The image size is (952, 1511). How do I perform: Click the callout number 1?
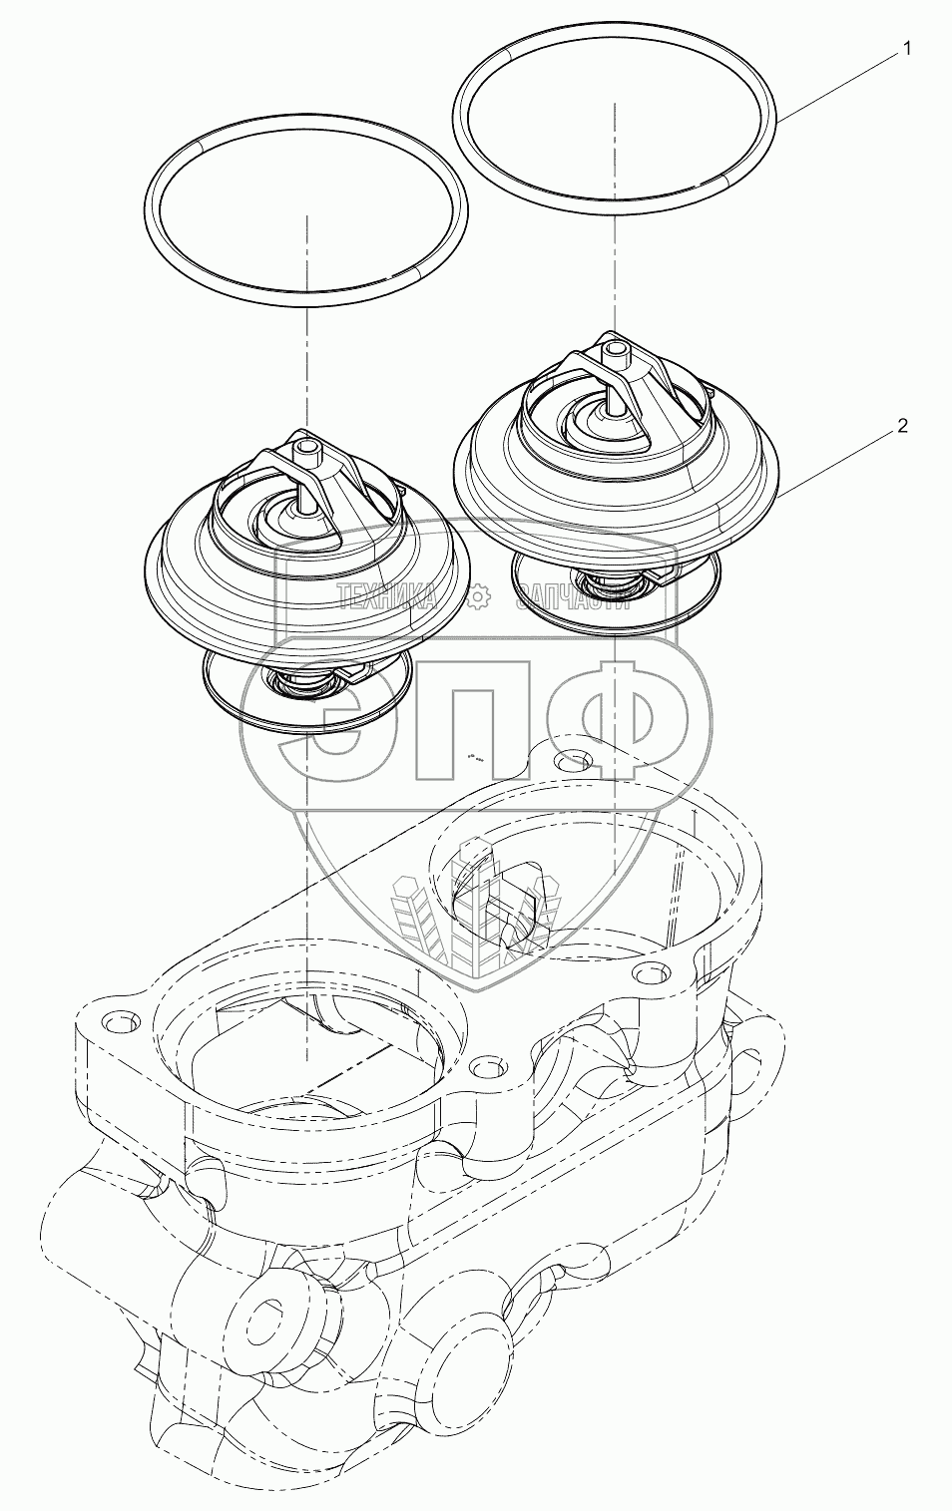[906, 48]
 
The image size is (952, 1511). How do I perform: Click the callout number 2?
[902, 425]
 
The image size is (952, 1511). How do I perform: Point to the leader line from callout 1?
[838, 85]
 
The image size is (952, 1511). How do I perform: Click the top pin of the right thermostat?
[615, 352]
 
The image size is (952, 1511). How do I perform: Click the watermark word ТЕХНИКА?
[387, 596]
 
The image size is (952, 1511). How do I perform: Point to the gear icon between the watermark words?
[478, 596]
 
